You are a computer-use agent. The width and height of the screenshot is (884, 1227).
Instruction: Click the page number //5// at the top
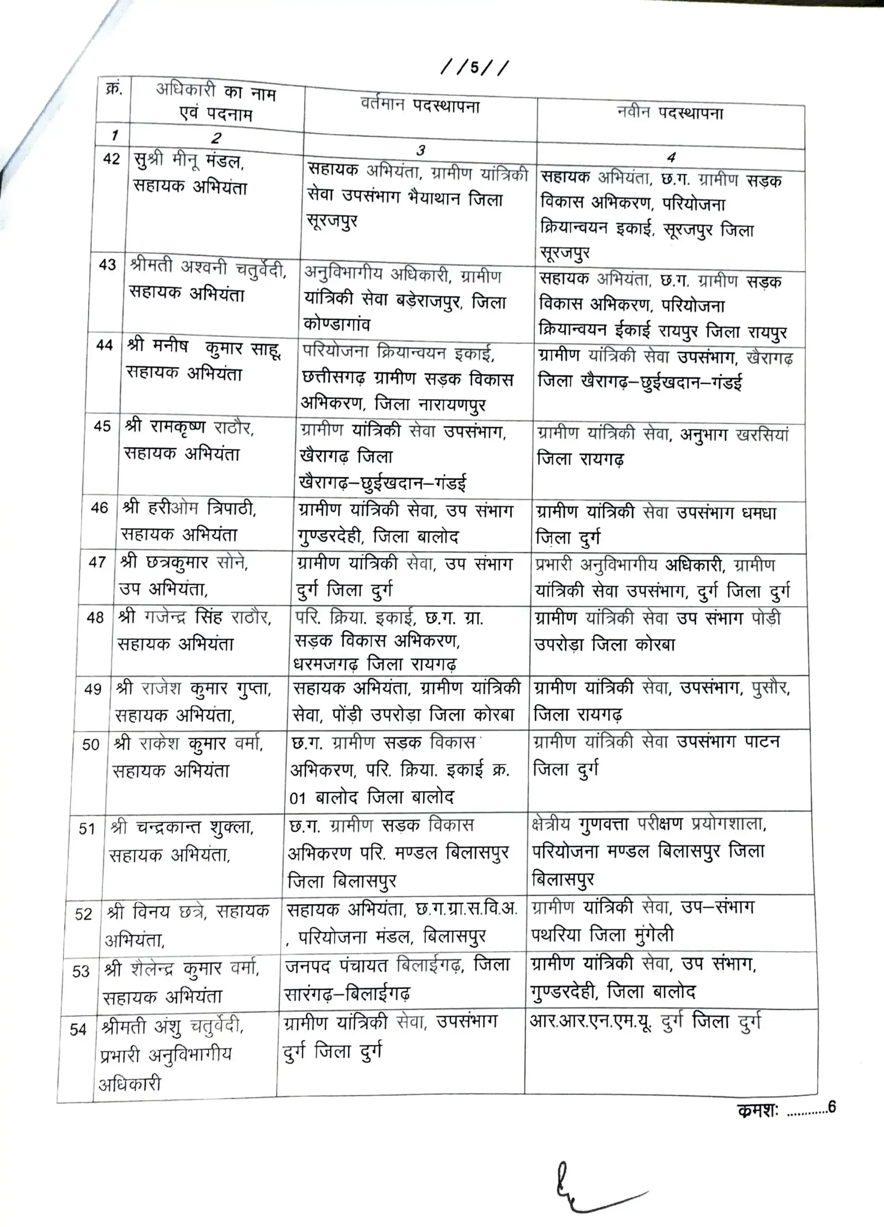click(475, 69)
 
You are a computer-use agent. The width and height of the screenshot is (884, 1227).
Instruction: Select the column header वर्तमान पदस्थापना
click(420, 105)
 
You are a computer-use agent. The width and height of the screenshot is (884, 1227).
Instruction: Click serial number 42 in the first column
click(111, 159)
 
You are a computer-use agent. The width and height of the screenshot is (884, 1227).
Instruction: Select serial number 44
click(105, 345)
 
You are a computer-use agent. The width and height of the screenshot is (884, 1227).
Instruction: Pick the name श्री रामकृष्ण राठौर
click(189, 428)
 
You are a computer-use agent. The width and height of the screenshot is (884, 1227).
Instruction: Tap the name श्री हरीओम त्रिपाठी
click(189, 509)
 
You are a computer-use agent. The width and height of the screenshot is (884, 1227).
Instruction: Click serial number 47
click(97, 562)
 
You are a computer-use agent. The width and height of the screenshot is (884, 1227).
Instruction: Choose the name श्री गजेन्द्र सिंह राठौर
click(194, 617)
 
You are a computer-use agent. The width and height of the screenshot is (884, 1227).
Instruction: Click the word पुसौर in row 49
click(770, 688)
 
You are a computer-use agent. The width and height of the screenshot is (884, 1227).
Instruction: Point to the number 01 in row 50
click(298, 798)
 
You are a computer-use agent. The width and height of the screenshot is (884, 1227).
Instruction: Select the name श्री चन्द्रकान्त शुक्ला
click(182, 828)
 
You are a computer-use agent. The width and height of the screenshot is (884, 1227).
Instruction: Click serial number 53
click(81, 971)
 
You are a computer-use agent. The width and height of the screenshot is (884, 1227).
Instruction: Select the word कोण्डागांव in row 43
click(337, 324)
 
